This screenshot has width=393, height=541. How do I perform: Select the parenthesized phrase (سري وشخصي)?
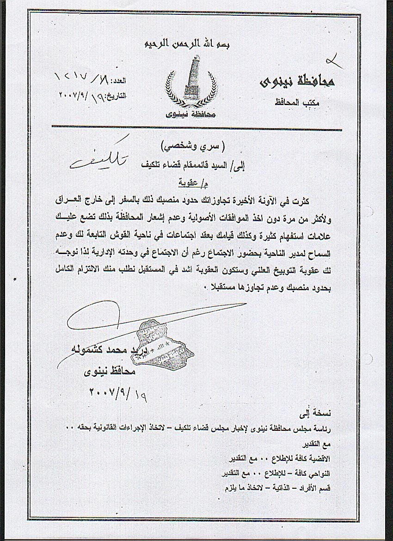[x=197, y=148]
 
